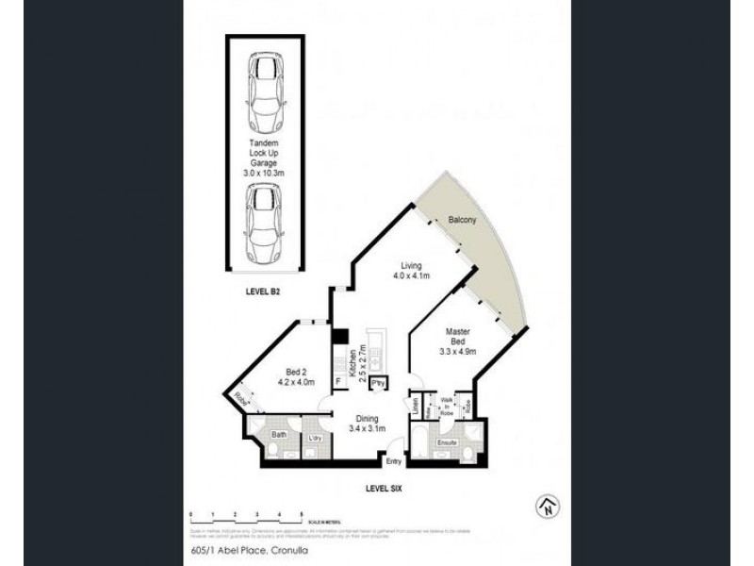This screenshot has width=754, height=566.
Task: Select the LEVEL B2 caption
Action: [x=263, y=292]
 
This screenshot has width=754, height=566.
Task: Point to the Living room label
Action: [x=411, y=272]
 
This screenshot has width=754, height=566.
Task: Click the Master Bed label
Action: [x=459, y=341]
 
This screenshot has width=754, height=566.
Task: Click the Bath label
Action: [x=280, y=435]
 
